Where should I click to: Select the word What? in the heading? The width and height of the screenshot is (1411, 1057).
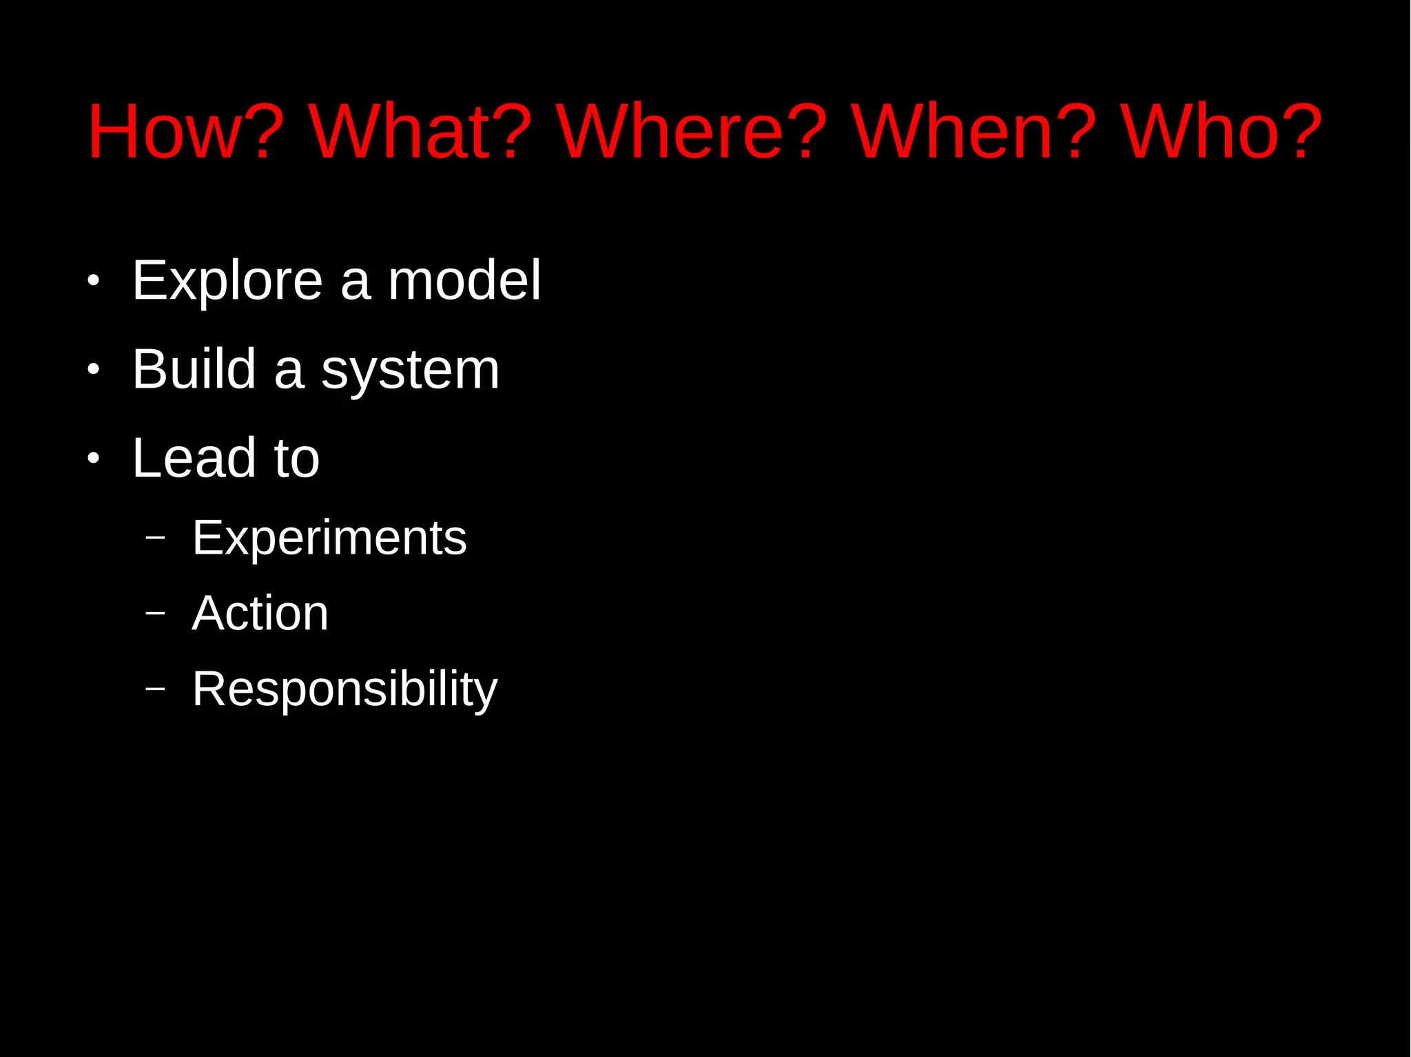420,132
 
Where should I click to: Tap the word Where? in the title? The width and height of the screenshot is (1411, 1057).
692,132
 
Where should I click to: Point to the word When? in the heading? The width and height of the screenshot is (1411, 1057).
974,132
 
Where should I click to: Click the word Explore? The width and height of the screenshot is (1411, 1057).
227,281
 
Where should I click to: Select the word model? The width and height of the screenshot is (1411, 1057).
464,281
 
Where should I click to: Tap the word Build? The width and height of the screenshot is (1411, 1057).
194,370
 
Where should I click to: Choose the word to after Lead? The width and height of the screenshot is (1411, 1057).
297,459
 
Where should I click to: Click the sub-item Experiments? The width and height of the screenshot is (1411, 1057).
329,538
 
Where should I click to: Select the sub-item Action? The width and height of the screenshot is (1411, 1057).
260,613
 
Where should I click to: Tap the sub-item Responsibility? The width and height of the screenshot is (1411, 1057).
344,689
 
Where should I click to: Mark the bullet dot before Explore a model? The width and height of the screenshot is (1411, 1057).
94,281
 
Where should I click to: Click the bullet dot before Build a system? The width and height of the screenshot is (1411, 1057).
94,370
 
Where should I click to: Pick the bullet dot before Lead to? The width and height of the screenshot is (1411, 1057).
94,459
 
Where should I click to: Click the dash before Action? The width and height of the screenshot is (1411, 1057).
156,612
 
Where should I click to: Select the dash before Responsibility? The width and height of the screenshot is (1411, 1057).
156,687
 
